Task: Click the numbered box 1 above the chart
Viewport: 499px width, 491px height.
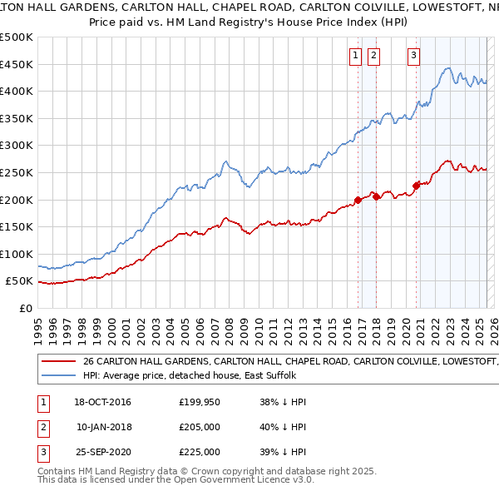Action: tap(355, 56)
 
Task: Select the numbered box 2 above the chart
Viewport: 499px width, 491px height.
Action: tap(373, 56)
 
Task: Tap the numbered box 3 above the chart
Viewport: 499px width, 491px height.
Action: tap(413, 56)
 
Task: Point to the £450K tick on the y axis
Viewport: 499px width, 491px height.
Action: tap(17, 64)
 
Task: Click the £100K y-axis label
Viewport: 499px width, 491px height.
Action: tap(17, 254)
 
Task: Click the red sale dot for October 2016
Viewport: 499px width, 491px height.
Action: tap(358, 200)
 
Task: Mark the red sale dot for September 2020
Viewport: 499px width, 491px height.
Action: tap(417, 186)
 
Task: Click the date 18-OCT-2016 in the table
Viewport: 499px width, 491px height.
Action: tap(103, 402)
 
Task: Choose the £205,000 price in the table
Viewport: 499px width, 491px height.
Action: tap(200, 427)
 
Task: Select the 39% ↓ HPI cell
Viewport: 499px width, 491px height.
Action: tap(283, 452)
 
